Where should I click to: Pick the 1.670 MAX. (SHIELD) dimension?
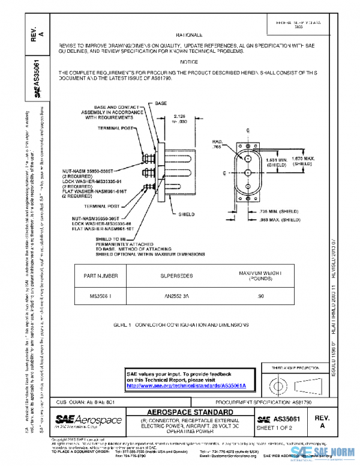point(304,160)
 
